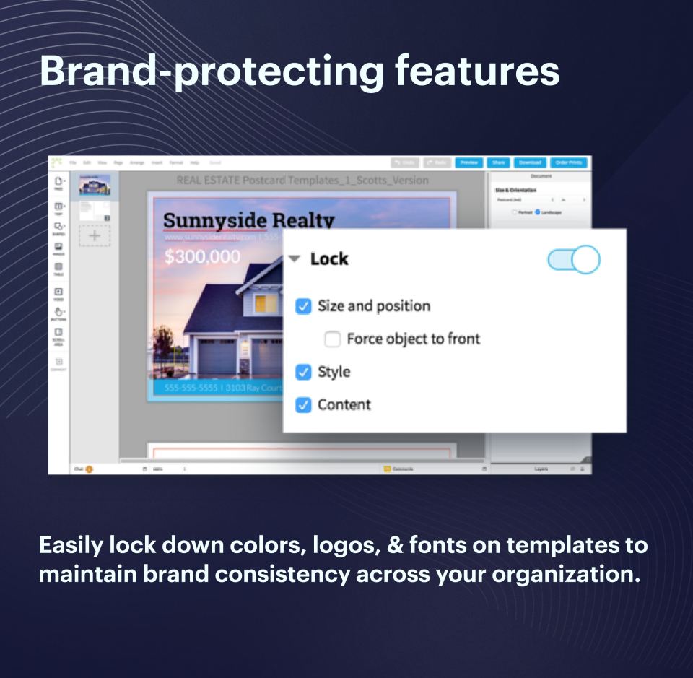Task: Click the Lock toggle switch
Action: coord(574,259)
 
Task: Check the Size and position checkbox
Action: coord(304,306)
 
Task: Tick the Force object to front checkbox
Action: coord(332,339)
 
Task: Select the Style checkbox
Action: coord(304,372)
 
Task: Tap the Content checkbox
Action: coord(304,404)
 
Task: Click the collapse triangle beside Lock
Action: coord(295,259)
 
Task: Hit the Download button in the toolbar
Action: coord(530,162)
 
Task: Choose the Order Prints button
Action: coord(569,162)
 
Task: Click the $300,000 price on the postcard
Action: coord(202,256)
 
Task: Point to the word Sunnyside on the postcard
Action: coord(214,221)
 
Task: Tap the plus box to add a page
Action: coord(95,236)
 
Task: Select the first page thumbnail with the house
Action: coord(95,186)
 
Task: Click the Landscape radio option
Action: coord(539,212)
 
